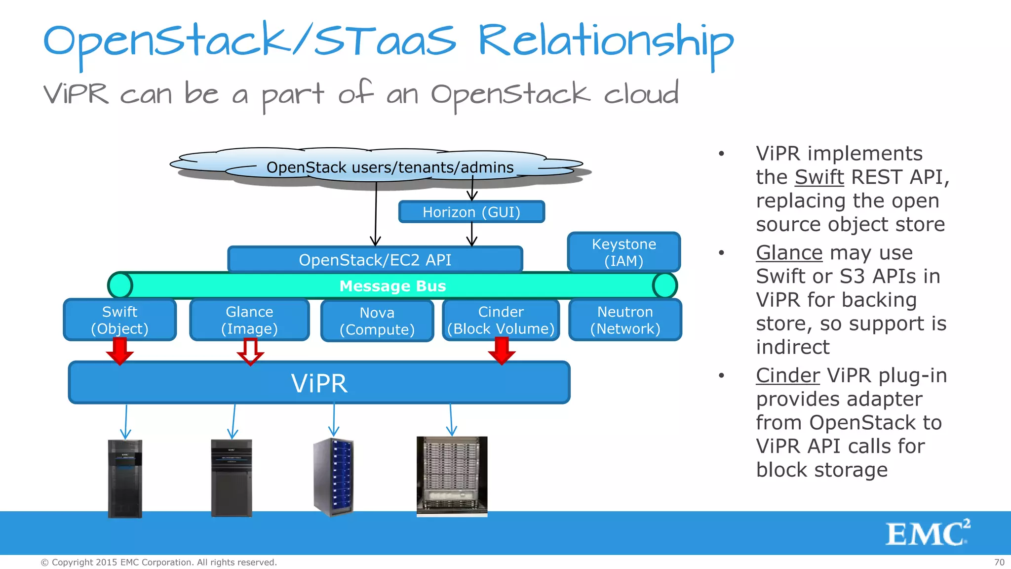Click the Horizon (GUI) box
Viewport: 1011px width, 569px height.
pyautogui.click(x=471, y=212)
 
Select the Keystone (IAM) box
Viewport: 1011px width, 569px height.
pyautogui.click(x=624, y=252)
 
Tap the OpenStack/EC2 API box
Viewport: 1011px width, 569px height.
pyautogui.click(x=375, y=260)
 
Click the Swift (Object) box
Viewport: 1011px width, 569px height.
pyautogui.click(x=120, y=320)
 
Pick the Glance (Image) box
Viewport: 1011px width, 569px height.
pyautogui.click(x=249, y=320)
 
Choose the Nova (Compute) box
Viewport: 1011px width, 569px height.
pyautogui.click(x=377, y=321)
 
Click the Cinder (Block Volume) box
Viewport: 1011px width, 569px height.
pyautogui.click(x=501, y=320)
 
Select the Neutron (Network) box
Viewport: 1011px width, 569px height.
pyautogui.click(x=625, y=320)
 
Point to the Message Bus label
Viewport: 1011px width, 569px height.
pyautogui.click(x=392, y=286)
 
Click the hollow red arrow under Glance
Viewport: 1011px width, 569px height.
pyautogui.click(x=250, y=352)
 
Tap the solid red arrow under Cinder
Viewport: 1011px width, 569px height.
pyautogui.click(x=502, y=351)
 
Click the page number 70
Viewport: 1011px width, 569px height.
pyautogui.click(x=999, y=563)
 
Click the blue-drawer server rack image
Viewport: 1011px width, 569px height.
pyautogui.click(x=334, y=477)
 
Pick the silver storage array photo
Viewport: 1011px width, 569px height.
pyautogui.click(x=452, y=476)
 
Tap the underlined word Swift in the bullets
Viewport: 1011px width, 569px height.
pyautogui.click(x=819, y=177)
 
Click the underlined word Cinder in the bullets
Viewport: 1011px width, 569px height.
pyautogui.click(x=787, y=375)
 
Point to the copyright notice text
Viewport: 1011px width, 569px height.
pyautogui.click(x=158, y=563)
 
